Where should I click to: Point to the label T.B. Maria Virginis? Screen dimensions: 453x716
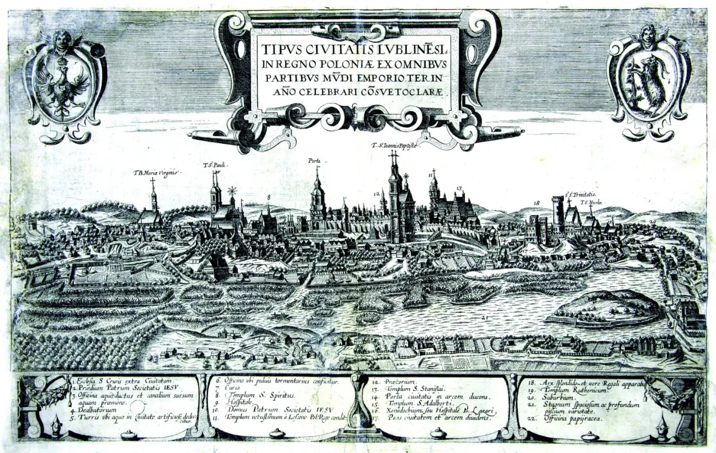tap(157, 173)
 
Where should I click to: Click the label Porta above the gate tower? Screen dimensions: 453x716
tap(314, 161)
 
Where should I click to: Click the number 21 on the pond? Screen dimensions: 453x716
tap(484, 318)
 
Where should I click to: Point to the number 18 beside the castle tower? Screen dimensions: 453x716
tap(536, 202)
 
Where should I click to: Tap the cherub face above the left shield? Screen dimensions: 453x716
tap(63, 40)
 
